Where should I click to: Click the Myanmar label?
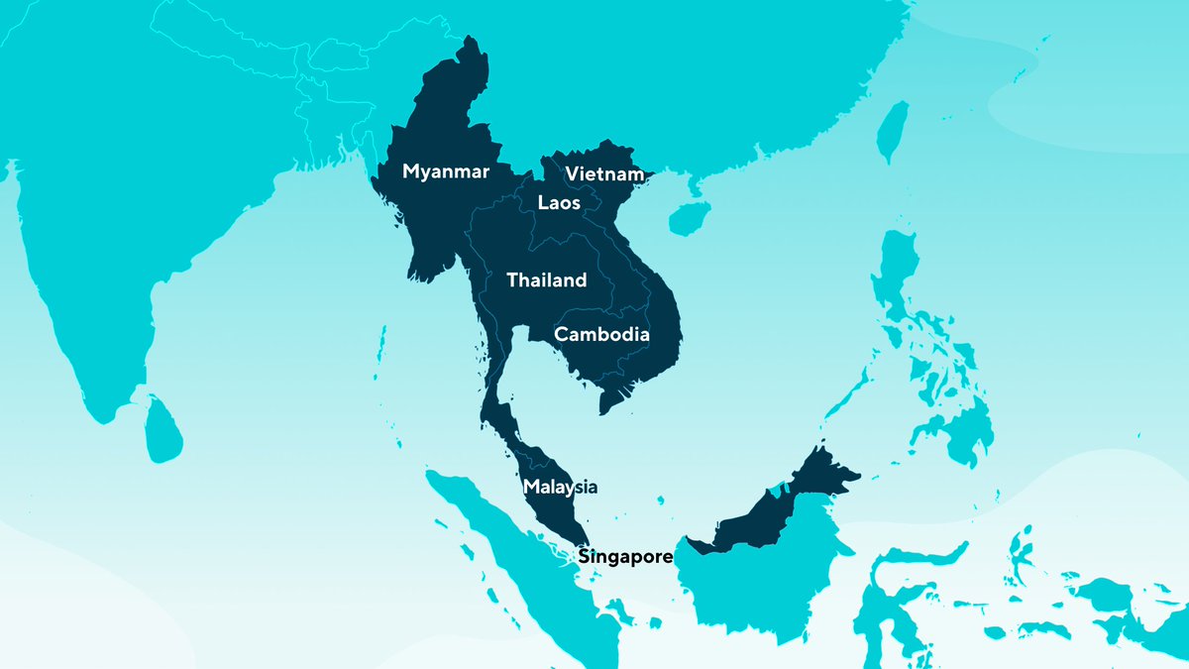(446, 172)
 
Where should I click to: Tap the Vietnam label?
(604, 174)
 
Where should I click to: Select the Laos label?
(559, 203)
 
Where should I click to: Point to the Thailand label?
(546, 280)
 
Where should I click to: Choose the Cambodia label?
(601, 335)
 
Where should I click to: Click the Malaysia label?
(561, 487)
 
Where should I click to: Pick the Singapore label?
(625, 556)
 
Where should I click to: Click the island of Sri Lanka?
(162, 431)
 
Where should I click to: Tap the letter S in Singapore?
(585, 556)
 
